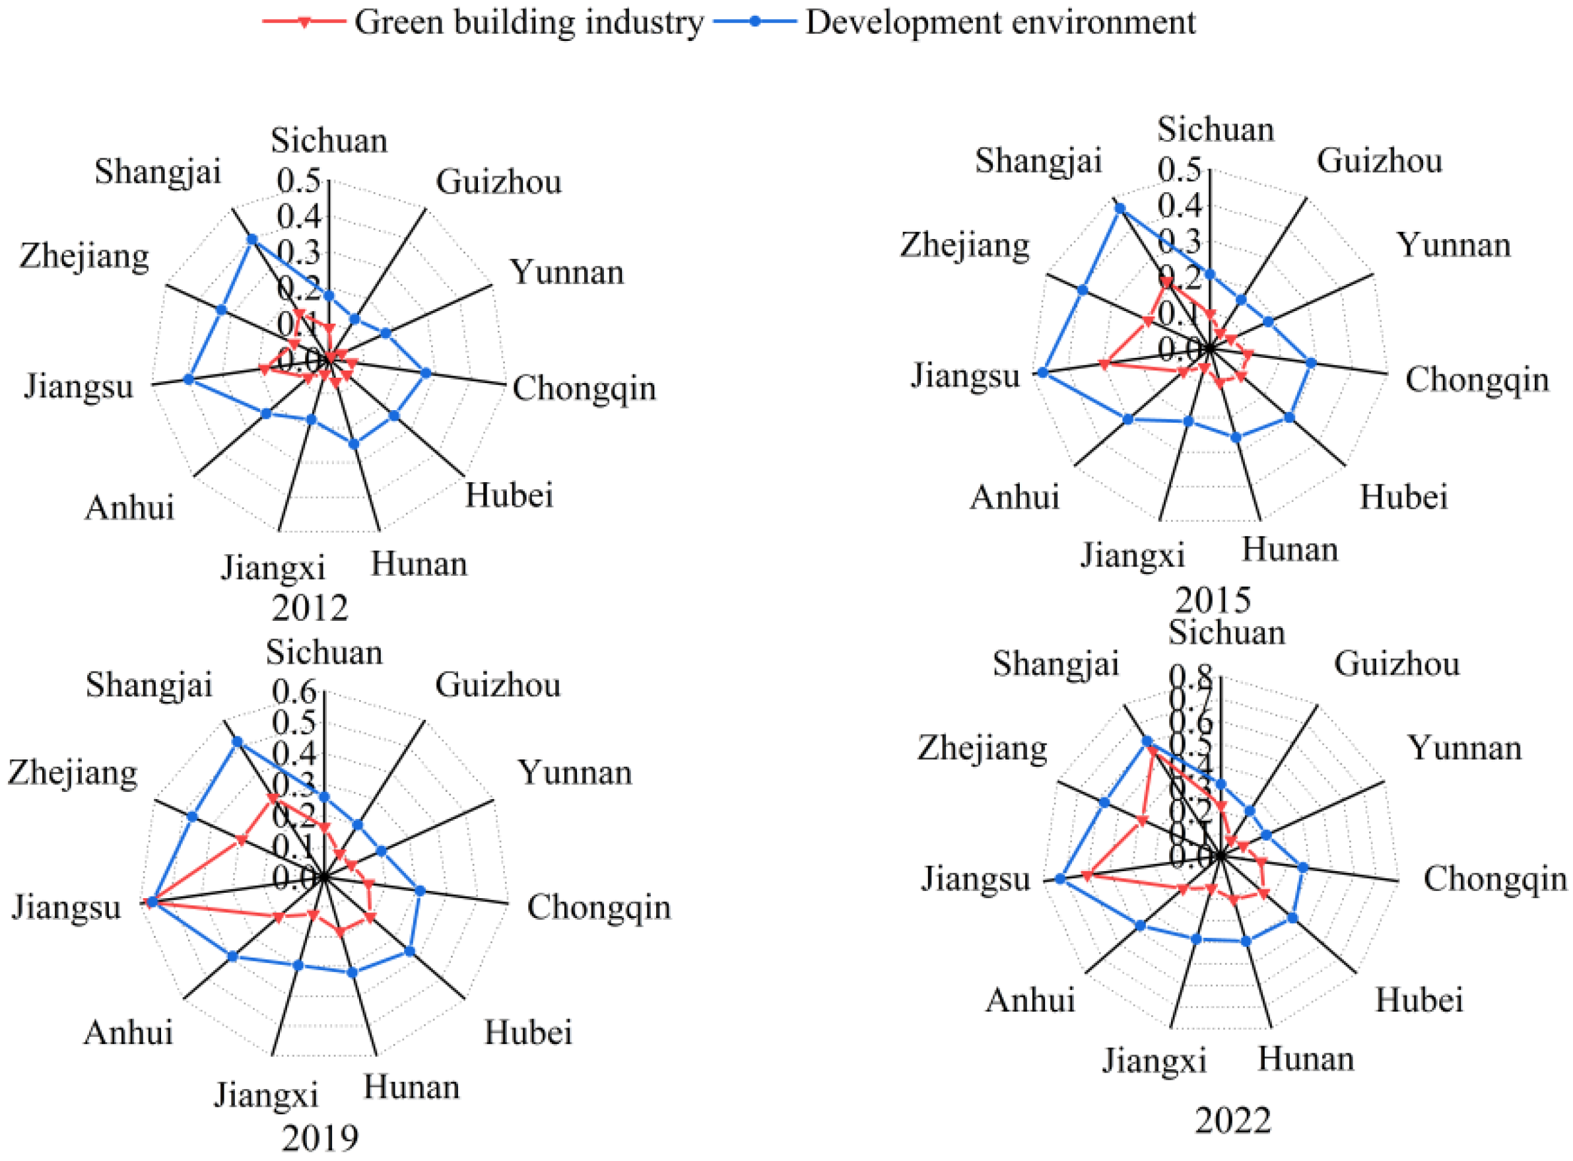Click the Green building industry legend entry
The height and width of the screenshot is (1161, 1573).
(x=527, y=22)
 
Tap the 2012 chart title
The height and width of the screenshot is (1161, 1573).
(x=310, y=608)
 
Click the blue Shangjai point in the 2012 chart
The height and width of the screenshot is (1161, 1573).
(x=251, y=240)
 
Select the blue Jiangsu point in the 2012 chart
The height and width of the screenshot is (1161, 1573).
(x=187, y=380)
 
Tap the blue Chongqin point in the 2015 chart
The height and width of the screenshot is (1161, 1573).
(x=1311, y=363)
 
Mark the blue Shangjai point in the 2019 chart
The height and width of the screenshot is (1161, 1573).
(x=237, y=742)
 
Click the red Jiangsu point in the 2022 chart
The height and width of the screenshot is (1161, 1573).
(x=1086, y=876)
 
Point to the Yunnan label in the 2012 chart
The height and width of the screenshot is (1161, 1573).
(x=566, y=272)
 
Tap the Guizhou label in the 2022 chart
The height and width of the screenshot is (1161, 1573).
(x=1397, y=664)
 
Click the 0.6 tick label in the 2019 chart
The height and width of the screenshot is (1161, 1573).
(x=294, y=693)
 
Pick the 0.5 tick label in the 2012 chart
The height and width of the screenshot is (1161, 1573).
(x=298, y=180)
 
